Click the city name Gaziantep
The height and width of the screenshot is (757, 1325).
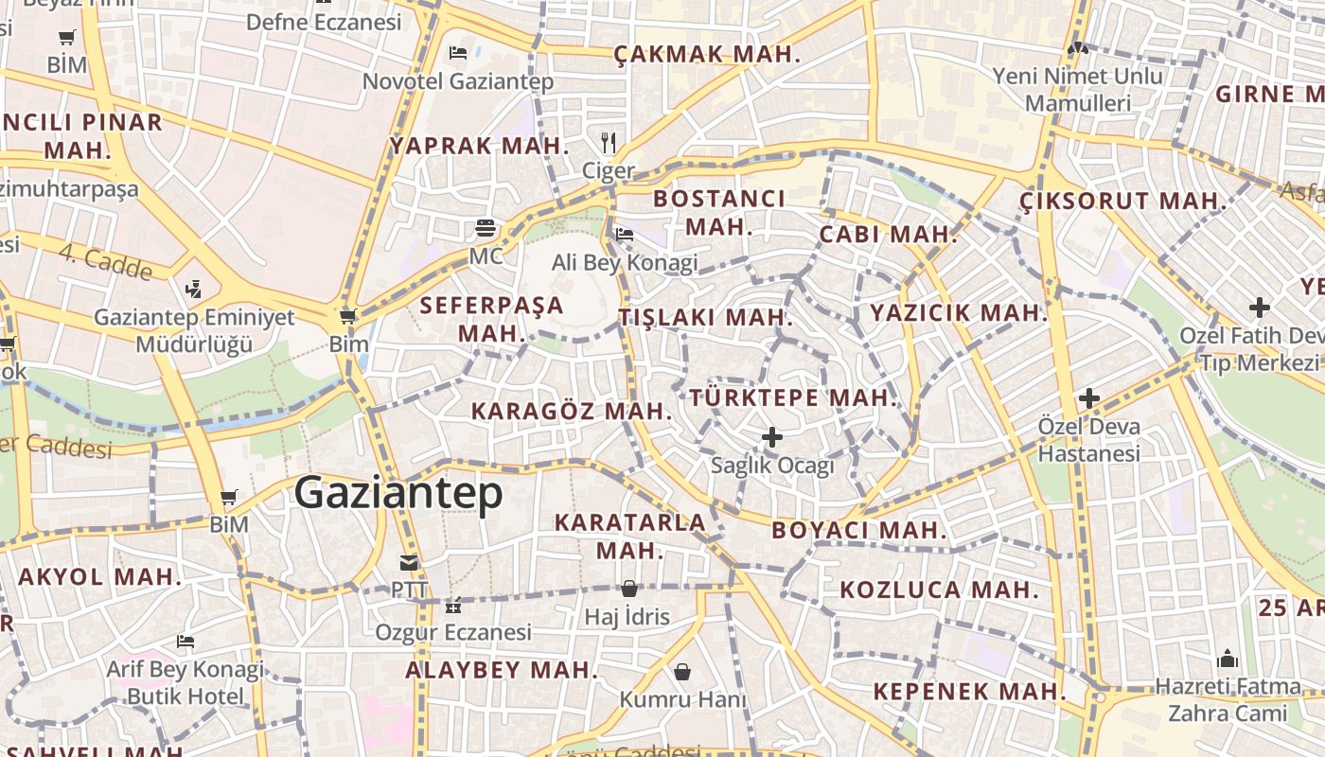point(397,493)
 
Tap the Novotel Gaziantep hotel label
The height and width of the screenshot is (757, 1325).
point(458,81)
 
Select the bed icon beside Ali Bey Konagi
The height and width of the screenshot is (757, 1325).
point(625,234)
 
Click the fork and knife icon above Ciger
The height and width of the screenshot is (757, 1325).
point(609,144)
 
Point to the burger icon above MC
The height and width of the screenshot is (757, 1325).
point(486,228)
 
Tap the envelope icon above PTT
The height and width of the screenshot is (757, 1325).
point(409,563)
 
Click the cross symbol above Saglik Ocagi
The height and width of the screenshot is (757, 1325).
point(772,437)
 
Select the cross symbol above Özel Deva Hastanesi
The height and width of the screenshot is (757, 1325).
point(1089,398)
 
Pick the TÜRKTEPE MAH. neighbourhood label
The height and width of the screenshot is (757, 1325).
point(793,398)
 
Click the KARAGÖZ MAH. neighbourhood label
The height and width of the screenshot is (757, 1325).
point(572,412)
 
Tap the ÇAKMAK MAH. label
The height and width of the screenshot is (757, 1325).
point(707,55)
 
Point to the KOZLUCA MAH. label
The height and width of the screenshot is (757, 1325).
point(939,590)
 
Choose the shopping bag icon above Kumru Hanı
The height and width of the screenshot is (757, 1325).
point(682,672)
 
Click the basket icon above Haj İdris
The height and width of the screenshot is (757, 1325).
point(628,589)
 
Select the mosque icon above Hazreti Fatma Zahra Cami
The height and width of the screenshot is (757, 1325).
point(1228,658)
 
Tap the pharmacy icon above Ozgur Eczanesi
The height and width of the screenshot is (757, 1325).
point(453,605)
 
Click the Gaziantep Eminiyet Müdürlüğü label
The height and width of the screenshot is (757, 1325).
point(194,330)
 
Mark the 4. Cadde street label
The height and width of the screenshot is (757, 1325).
point(105,262)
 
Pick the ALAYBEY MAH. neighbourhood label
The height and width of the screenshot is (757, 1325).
point(502,671)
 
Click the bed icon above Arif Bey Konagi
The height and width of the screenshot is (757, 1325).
point(185,642)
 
